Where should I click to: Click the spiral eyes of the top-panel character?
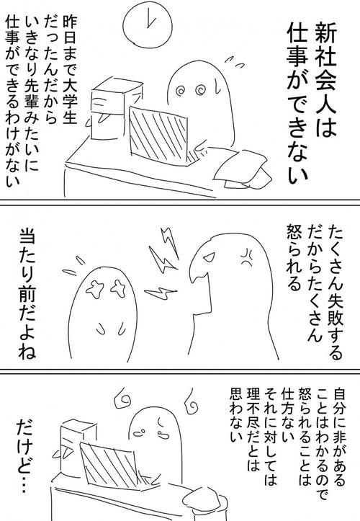(x=189, y=92)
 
